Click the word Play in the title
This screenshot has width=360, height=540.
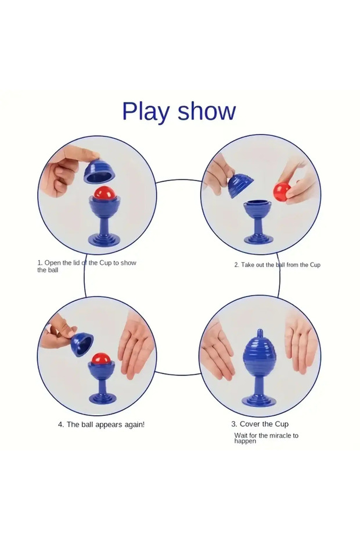click(x=146, y=112)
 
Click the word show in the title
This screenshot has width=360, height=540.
click(x=207, y=111)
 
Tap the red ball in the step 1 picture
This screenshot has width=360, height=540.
click(x=103, y=193)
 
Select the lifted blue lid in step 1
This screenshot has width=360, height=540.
click(x=99, y=170)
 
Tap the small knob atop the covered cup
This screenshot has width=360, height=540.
click(x=261, y=333)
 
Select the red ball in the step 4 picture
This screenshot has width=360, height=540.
click(x=101, y=359)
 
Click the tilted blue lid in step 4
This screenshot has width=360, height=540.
click(x=82, y=344)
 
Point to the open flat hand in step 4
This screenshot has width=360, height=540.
click(x=135, y=345)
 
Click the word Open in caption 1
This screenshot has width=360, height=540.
click(x=53, y=264)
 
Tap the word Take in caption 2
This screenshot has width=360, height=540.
click(x=247, y=265)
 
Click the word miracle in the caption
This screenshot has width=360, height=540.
click(x=280, y=435)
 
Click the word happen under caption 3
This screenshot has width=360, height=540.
click(x=245, y=441)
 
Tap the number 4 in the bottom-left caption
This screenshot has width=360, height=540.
click(x=60, y=424)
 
